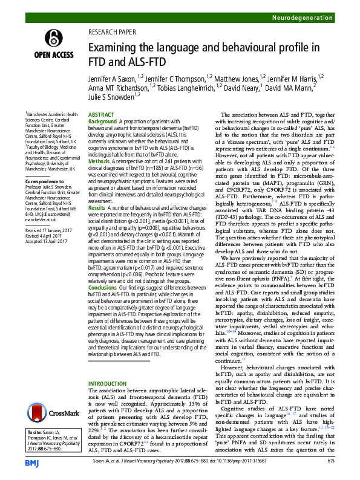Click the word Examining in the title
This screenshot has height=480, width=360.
tap(118, 47)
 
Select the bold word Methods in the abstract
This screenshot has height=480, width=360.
tap(99, 161)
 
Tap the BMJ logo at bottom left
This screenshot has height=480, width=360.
tap(31, 461)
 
